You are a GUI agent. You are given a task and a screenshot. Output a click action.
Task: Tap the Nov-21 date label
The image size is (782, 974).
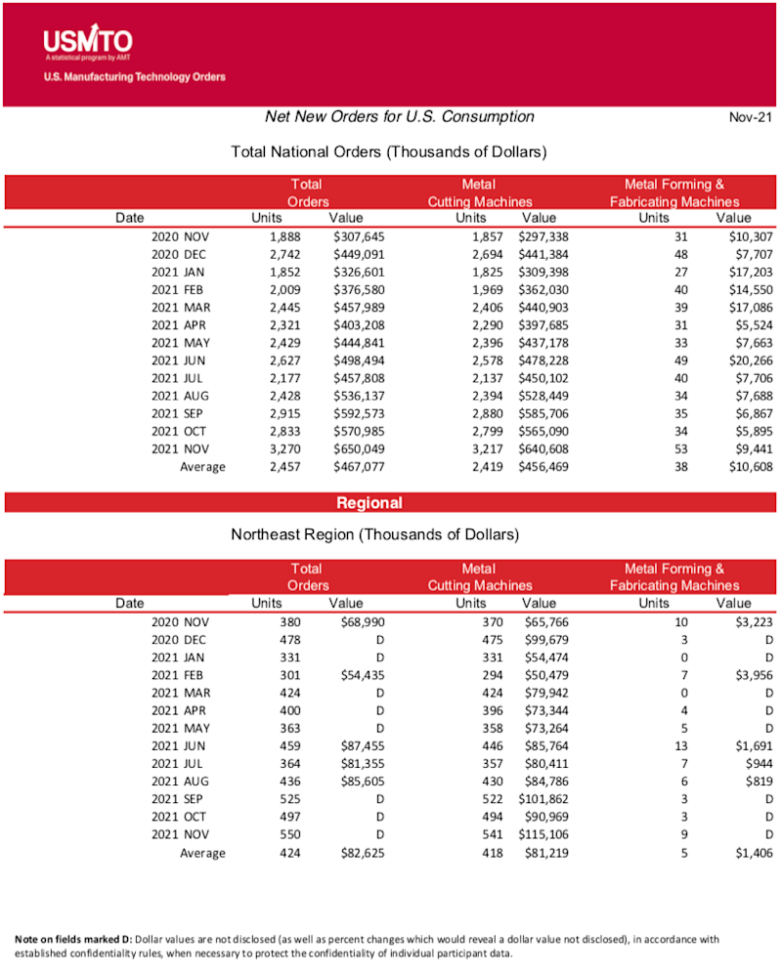tap(751, 118)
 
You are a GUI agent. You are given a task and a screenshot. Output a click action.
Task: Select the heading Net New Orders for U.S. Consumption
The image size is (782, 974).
tap(400, 117)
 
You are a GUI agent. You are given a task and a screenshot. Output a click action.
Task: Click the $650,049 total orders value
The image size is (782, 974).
tap(359, 448)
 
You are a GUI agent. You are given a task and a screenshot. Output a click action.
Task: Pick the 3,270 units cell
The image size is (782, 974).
tap(284, 448)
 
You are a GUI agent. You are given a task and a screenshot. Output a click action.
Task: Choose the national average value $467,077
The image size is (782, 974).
tap(359, 467)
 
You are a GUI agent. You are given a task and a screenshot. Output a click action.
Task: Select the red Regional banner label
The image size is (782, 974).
tap(369, 503)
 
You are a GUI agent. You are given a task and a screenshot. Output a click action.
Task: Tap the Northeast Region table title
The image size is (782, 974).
tap(374, 535)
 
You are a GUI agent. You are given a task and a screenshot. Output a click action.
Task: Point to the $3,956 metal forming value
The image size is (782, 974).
tap(754, 675)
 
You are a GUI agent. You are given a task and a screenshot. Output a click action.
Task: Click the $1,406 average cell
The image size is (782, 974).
tap(754, 853)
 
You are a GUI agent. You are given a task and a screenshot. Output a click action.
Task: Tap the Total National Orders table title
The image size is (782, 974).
tap(388, 152)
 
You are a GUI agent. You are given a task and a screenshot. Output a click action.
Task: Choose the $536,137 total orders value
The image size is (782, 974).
tap(359, 396)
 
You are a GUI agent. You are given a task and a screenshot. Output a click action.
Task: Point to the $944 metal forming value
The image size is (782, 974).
tap(759, 763)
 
